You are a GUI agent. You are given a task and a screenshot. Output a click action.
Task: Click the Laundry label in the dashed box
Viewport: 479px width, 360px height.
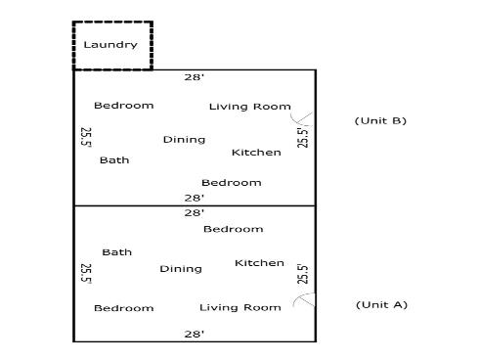tap(110, 45)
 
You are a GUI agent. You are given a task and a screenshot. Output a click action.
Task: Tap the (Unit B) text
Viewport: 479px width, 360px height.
tap(379, 120)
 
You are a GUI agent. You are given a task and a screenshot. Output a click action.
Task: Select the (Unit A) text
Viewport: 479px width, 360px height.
tap(379, 304)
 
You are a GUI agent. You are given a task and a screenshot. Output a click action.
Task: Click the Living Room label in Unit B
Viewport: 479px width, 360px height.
tap(249, 107)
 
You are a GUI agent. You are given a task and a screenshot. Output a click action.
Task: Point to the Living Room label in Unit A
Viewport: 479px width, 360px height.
tap(239, 308)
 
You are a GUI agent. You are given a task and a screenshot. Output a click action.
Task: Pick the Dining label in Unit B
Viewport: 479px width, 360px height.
tap(184, 140)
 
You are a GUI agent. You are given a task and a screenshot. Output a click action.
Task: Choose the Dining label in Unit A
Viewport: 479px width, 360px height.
tap(181, 269)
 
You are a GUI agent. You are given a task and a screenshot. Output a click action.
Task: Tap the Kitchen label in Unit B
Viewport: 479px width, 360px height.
tap(256, 153)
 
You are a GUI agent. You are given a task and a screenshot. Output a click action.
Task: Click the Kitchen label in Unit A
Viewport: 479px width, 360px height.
tap(259, 263)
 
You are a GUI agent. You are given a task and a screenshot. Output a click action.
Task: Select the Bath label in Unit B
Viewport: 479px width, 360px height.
tap(114, 160)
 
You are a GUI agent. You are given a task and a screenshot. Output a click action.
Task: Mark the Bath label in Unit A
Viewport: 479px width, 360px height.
tap(116, 252)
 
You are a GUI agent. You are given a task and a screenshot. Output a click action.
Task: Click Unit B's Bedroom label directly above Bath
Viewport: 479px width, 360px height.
tap(123, 106)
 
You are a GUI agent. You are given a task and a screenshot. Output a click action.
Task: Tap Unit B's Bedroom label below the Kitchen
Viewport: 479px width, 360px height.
tap(231, 183)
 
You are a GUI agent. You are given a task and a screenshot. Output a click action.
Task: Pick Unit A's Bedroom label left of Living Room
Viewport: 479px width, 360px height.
tap(123, 308)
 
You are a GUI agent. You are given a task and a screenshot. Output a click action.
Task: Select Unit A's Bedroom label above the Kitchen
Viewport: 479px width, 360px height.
tap(233, 229)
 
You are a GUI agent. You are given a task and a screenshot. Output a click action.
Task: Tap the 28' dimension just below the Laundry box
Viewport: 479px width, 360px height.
tap(195, 76)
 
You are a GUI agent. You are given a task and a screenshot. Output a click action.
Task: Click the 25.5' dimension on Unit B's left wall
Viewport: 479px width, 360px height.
tap(86, 137)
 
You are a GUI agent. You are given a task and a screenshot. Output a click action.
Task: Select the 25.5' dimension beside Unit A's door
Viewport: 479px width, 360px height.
tap(302, 274)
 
